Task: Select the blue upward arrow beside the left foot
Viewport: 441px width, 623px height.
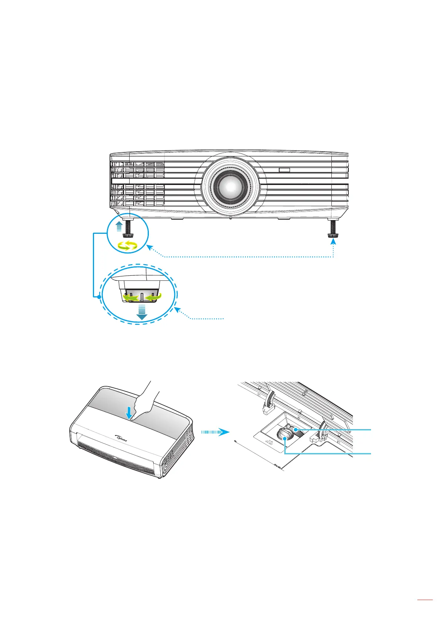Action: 118,226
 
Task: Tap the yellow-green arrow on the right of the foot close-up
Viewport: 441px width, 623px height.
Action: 154,297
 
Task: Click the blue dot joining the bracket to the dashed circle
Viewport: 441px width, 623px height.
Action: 98,297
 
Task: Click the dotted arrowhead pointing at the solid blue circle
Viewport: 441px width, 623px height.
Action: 148,247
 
